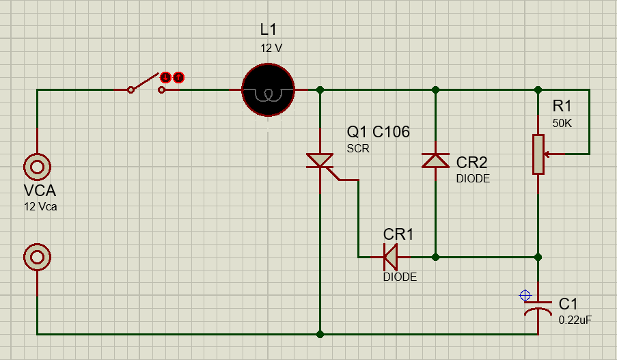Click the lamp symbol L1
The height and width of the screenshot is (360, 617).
click(x=268, y=89)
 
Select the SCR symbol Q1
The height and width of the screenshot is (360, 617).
click(x=320, y=161)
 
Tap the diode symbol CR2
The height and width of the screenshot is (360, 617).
click(x=436, y=160)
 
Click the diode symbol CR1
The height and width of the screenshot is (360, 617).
click(x=391, y=257)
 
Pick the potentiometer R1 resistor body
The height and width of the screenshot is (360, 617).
click(x=538, y=154)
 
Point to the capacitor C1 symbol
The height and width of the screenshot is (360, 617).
click(x=538, y=307)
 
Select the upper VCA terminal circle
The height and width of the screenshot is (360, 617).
click(x=37, y=166)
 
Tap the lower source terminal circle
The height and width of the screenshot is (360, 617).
click(x=37, y=257)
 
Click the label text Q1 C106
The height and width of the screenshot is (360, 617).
click(x=378, y=132)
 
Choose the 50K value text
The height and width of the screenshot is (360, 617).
click(x=562, y=123)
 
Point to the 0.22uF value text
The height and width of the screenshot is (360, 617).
click(x=575, y=319)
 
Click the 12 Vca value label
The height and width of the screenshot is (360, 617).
click(x=40, y=206)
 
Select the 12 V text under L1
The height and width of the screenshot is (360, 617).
click(x=271, y=48)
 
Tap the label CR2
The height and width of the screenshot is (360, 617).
click(x=472, y=163)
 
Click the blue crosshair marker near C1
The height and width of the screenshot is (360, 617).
click(x=525, y=296)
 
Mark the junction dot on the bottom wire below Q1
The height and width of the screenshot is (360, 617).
click(x=320, y=334)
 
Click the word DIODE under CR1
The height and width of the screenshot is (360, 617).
click(x=400, y=277)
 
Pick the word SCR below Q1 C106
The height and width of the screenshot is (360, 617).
click(x=357, y=148)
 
